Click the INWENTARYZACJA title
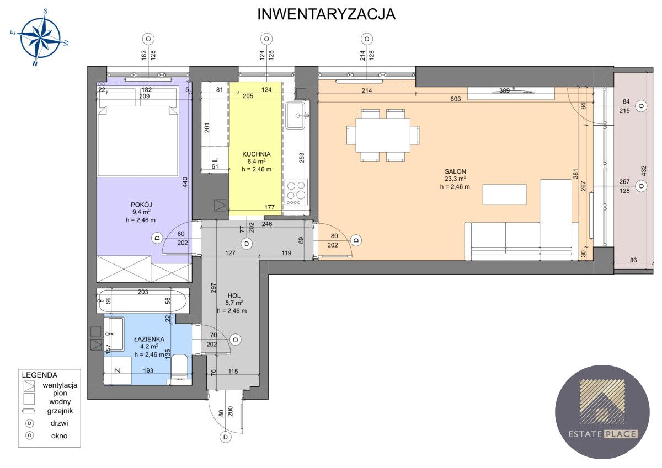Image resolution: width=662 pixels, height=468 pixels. click(326, 14)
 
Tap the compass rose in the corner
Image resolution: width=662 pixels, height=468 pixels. click(40, 37)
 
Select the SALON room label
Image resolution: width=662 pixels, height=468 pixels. click(455, 171)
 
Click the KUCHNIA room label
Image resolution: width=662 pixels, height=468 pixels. click(256, 154)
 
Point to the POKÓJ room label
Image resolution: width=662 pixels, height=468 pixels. click(141, 205)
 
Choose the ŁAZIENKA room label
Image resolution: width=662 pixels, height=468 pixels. click(149, 339)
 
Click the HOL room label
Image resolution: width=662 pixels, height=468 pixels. click(234, 295)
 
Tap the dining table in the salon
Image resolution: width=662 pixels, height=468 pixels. click(383, 135)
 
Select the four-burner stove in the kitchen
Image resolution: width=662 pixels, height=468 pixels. click(296, 192)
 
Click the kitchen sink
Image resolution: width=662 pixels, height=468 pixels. click(295, 115)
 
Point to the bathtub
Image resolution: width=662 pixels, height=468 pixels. click(142, 300)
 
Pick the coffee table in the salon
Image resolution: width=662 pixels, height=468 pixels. click(504, 194)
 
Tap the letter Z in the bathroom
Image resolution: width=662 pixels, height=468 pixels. click(118, 370)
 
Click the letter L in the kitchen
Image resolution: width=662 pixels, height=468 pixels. click(215, 160)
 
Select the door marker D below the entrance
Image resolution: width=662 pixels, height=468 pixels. click(226, 437)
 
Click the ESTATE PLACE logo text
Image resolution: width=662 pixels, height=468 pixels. click(603, 434)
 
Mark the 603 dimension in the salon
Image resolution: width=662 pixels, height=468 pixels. click(456, 99)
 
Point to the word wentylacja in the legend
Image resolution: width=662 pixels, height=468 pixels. click(60, 385)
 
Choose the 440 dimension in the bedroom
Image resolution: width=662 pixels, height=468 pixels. click(185, 182)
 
